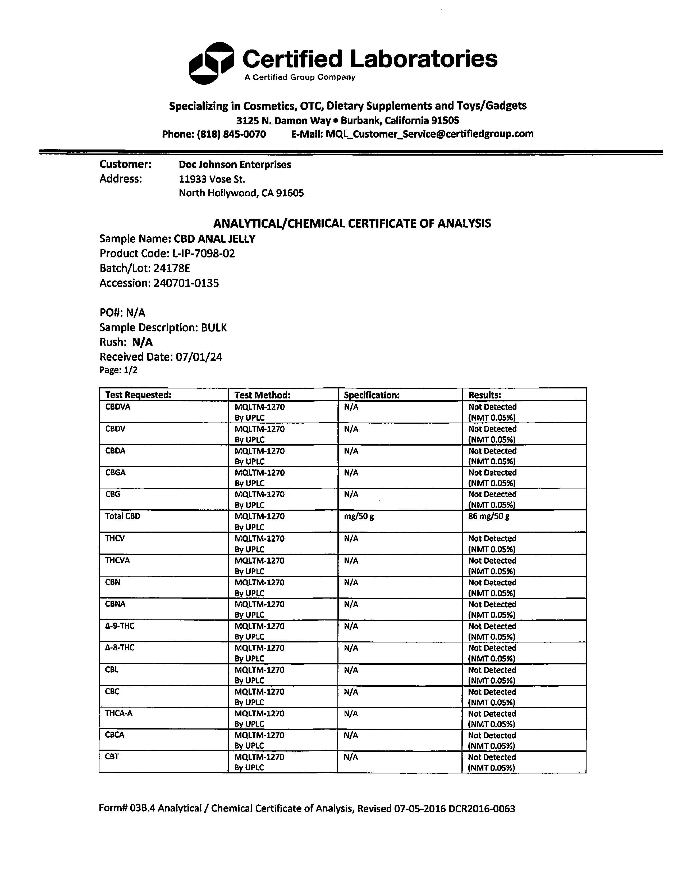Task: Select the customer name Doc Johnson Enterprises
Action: coord(235,165)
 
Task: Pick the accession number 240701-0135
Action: coord(186,283)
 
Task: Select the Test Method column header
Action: coord(262,395)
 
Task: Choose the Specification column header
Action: coord(371,395)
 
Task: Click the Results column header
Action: coord(484,395)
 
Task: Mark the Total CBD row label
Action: coord(123,516)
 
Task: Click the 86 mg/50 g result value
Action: coord(489,516)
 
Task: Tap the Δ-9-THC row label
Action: coord(120,626)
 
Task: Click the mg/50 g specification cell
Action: coord(358,516)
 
